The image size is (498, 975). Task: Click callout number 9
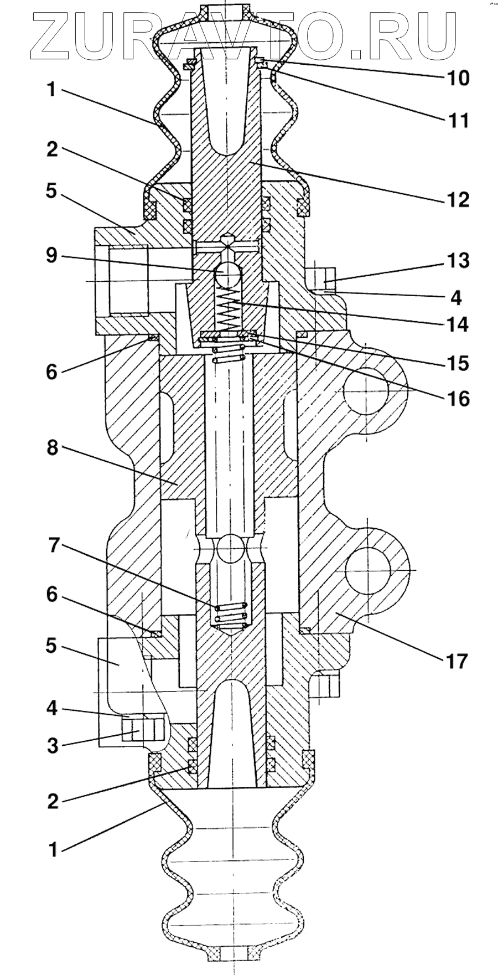click(x=52, y=257)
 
